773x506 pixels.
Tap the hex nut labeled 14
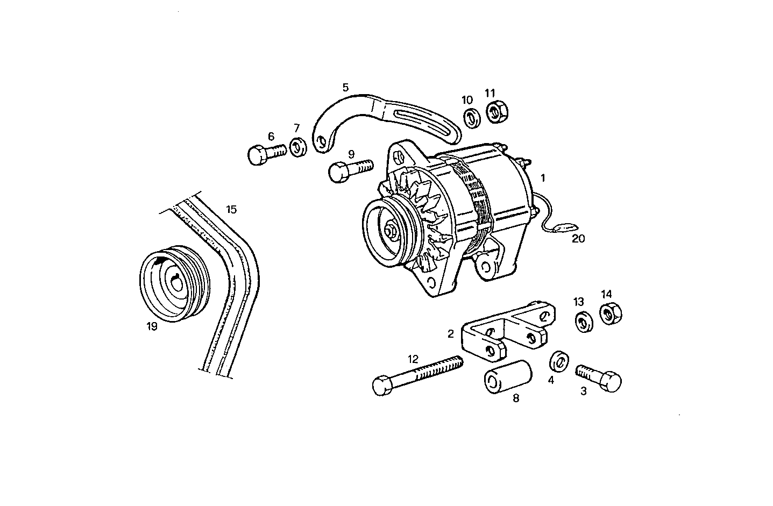610,313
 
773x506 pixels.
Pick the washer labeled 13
583,322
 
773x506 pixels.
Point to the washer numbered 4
558,361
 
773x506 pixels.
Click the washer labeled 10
472,118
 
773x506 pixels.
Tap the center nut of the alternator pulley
392,232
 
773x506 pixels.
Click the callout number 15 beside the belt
231,210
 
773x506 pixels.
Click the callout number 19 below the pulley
152,326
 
